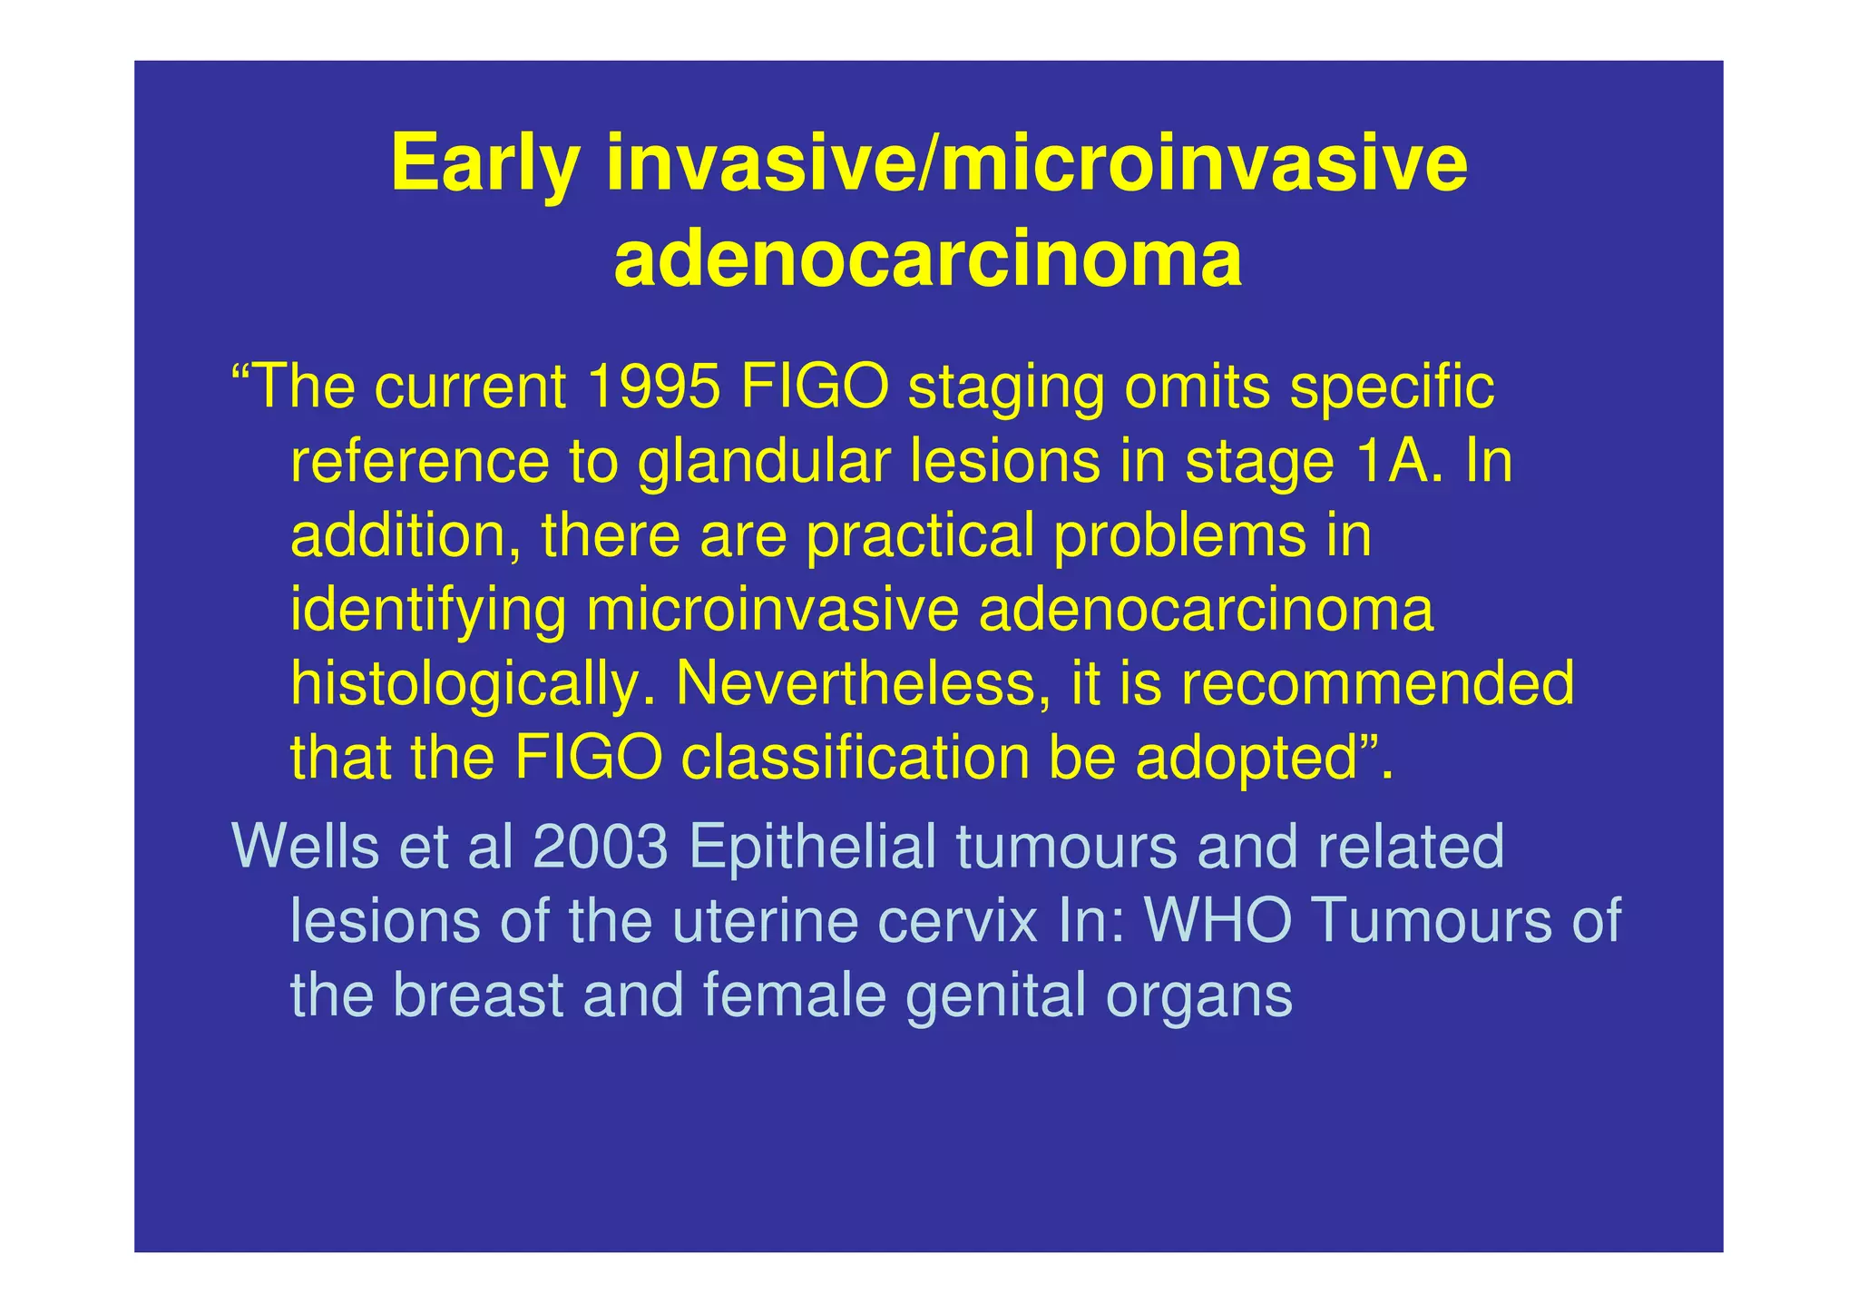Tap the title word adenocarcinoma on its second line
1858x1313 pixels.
[x=927, y=261]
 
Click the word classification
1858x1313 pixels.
[x=855, y=759]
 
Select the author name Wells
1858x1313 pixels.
[x=305, y=846]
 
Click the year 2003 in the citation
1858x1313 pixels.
[x=600, y=846]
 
